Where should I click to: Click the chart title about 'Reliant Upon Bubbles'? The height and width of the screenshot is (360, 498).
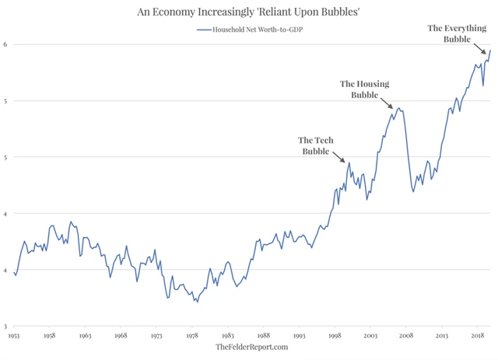(249, 11)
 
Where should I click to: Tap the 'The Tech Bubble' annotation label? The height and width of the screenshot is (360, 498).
(317, 145)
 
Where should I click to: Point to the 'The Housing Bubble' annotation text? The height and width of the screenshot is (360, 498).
(364, 89)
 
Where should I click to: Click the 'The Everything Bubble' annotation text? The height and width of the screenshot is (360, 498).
(457, 33)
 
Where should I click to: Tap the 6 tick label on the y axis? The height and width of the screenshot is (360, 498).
(7, 44)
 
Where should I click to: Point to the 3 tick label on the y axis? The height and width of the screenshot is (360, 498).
(7, 327)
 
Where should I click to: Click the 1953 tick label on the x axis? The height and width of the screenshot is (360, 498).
(14, 336)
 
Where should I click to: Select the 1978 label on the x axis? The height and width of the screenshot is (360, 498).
(192, 336)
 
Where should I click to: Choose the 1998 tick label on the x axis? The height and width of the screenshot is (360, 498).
(335, 336)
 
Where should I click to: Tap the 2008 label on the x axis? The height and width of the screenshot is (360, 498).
(405, 336)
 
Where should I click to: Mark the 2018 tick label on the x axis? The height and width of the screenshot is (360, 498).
(477, 336)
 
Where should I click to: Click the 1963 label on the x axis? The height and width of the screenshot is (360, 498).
(86, 336)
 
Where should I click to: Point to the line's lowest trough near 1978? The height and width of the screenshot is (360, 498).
(198, 302)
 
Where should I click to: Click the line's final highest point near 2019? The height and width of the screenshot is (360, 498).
(490, 51)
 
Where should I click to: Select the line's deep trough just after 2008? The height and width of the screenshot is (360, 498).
(412, 191)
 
